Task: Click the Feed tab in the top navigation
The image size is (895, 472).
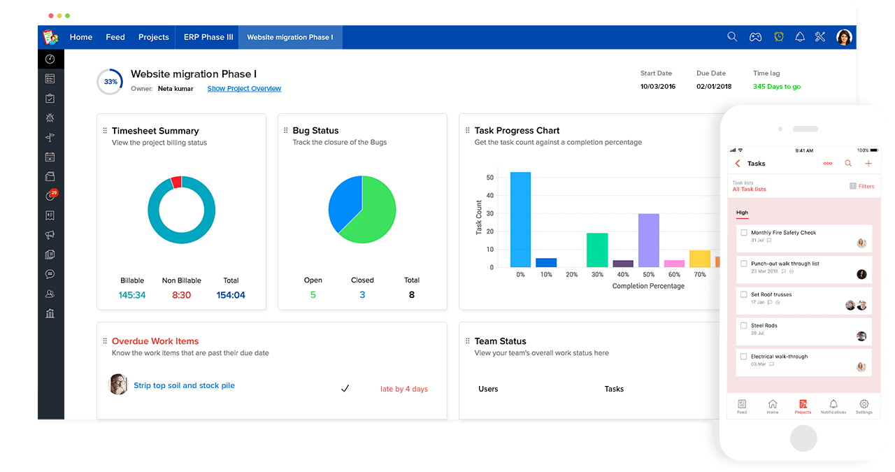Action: pos(115,37)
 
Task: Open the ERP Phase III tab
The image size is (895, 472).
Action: pos(208,37)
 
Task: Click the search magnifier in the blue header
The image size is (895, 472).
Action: pos(732,37)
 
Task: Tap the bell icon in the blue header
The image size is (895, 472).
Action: pos(800,37)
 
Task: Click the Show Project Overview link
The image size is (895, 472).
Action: pos(244,89)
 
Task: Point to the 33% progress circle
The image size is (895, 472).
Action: pos(110,82)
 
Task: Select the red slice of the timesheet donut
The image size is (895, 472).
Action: pos(176,182)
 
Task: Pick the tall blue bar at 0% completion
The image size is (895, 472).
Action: pos(520,220)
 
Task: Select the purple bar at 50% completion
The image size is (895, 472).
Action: pos(648,241)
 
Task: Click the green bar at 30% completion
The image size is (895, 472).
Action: pos(596,250)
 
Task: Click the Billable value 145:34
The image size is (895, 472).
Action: pos(132,295)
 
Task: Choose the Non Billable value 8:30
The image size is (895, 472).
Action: pos(181,295)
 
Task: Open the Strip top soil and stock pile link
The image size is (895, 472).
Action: pos(184,385)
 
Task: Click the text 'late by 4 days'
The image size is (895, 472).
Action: pos(403,389)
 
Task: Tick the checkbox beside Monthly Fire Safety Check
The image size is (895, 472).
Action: pos(744,233)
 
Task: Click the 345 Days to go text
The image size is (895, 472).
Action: pos(776,87)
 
